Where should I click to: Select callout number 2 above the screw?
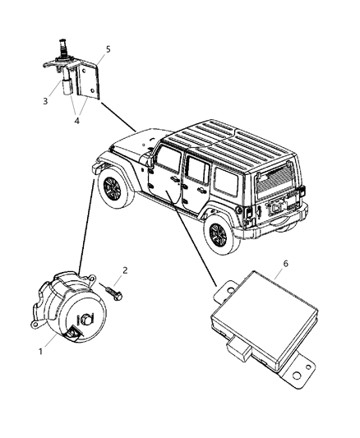[124, 269]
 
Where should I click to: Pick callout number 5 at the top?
[108, 49]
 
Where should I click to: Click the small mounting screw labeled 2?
[113, 288]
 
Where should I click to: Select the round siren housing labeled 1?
[70, 311]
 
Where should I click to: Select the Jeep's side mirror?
[152, 168]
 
